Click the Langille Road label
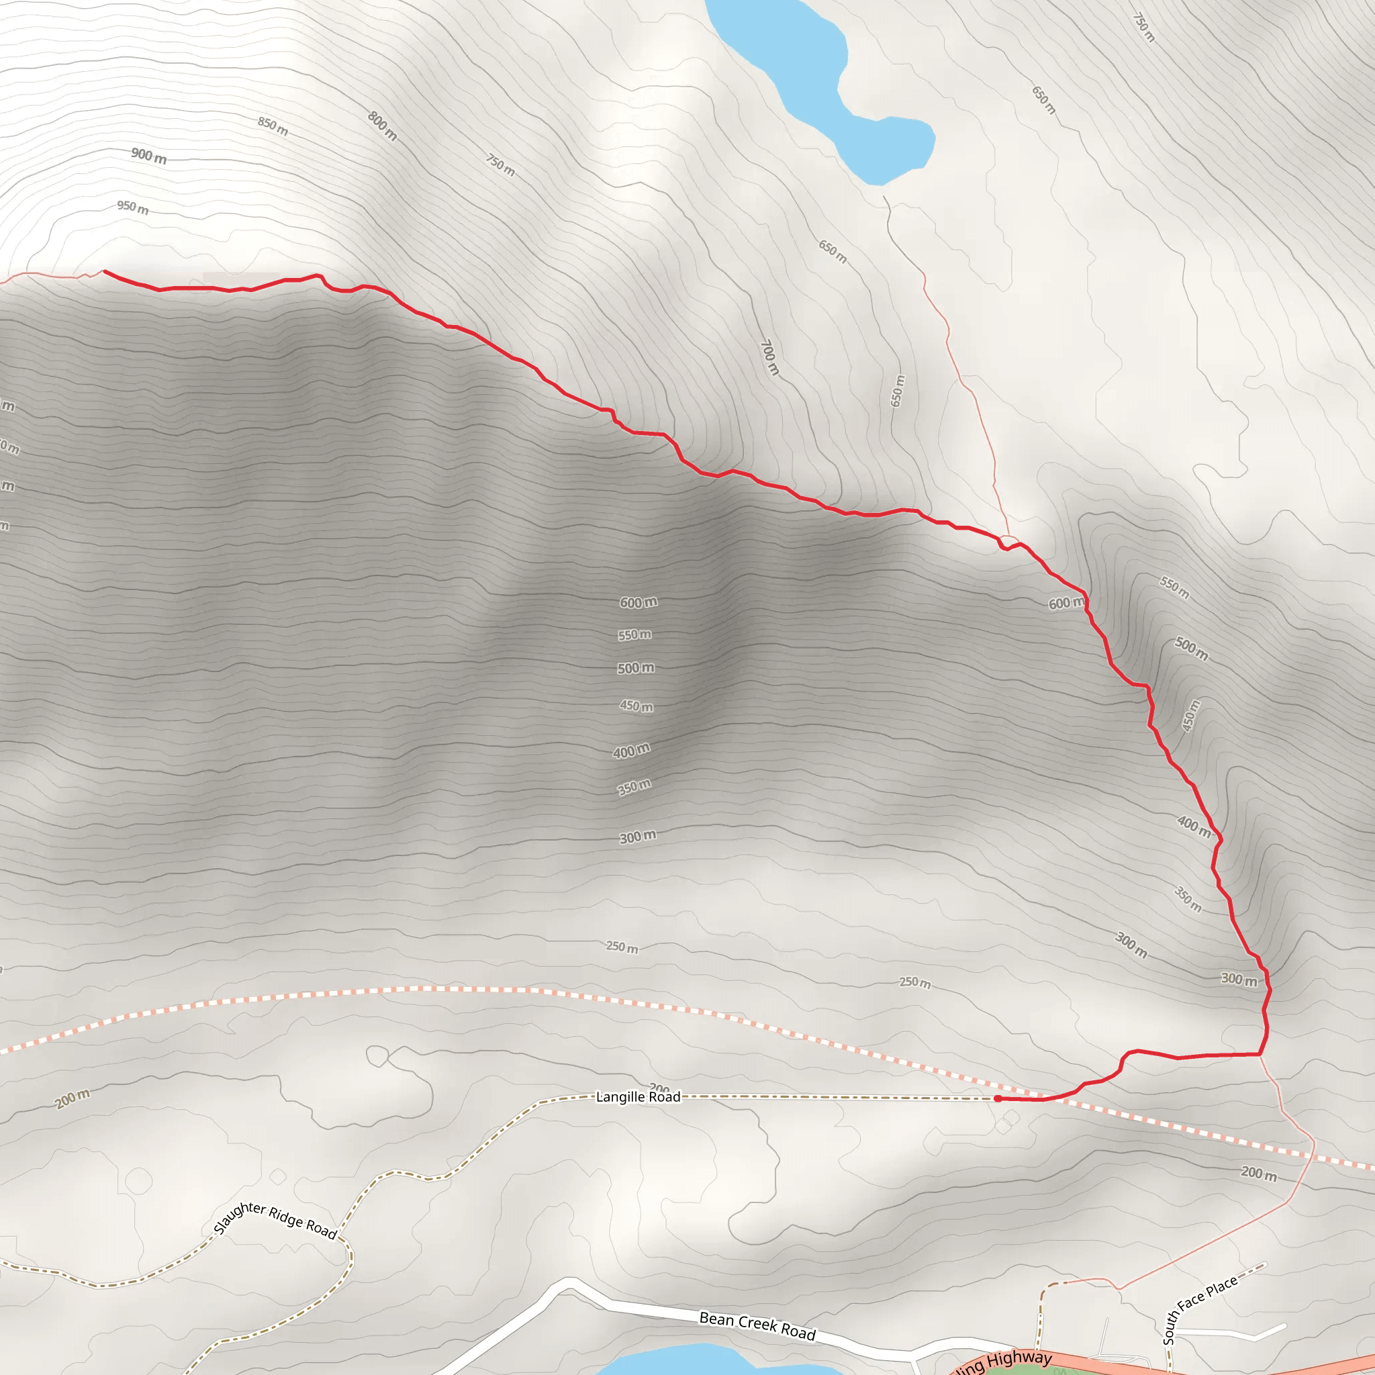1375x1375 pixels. pos(638,1097)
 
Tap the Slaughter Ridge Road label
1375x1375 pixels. pos(275,1219)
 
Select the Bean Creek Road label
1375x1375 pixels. pos(757,1326)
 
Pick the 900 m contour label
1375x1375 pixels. pos(149,155)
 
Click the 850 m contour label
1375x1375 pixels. pos(273,126)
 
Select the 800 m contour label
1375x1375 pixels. pos(382,126)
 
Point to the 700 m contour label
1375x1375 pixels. pos(769,357)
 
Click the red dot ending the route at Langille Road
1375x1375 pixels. pos(998,1099)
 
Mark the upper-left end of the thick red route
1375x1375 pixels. pos(105,271)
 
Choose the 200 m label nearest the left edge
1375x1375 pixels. pos(73,1098)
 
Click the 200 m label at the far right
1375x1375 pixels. pos(1258,1172)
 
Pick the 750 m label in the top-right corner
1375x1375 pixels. pos(1143,27)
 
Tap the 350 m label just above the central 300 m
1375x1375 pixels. pos(634,786)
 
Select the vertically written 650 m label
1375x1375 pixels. pos(898,391)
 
